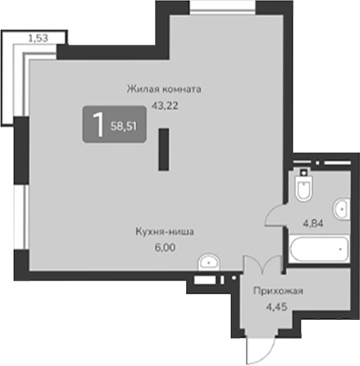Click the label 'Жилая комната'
[x=162, y=89]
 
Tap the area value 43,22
[x=162, y=104]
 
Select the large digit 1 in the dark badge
[x=98, y=125]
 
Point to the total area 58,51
[x=124, y=126]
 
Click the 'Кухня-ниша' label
[x=164, y=232]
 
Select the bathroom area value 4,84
[x=313, y=223]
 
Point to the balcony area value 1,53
[x=37, y=37]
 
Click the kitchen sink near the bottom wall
[x=209, y=261]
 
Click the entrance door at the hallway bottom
[x=258, y=348]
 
